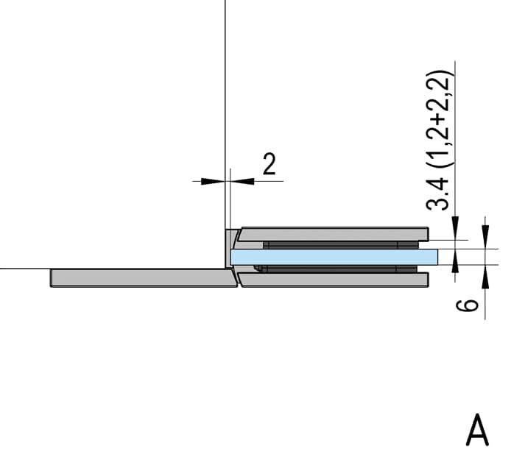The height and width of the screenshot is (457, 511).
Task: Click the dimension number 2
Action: [269, 164]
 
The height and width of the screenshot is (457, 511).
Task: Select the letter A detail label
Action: [477, 429]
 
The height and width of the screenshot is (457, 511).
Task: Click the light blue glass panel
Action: [334, 256]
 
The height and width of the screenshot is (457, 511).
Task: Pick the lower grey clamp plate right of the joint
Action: [334, 280]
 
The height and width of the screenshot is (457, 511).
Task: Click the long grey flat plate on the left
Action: [144, 278]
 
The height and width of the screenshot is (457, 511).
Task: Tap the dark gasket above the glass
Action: [341, 245]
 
